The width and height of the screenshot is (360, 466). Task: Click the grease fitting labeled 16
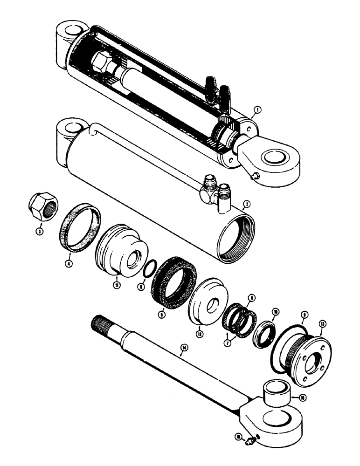coord(252,437)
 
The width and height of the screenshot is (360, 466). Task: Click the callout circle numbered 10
coord(276,312)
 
